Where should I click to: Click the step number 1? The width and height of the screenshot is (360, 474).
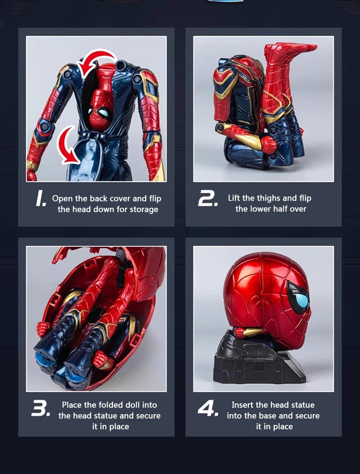(41, 199)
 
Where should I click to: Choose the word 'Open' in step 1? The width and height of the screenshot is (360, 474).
(62, 199)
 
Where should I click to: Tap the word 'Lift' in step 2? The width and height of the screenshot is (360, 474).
(234, 198)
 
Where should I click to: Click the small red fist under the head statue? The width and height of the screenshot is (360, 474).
(239, 333)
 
